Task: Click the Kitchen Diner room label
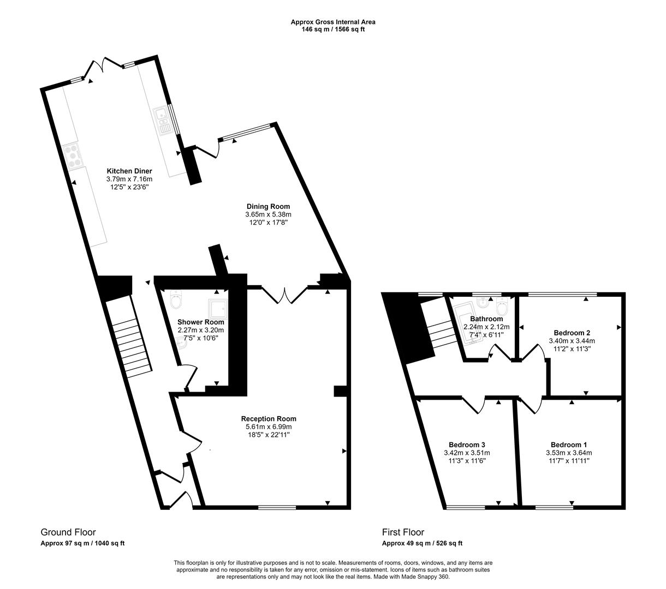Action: pyautogui.click(x=129, y=171)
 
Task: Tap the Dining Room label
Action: pyautogui.click(x=268, y=206)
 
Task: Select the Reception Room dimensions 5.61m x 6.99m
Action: pyautogui.click(x=268, y=426)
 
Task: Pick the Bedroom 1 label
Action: pyautogui.click(x=569, y=444)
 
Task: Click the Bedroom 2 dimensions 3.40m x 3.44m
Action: pyautogui.click(x=572, y=341)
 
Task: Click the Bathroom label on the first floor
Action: pyautogui.click(x=486, y=319)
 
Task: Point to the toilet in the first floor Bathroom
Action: pyautogui.click(x=503, y=309)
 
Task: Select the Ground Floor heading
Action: pyautogui.click(x=68, y=532)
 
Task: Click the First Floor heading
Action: pyautogui.click(x=403, y=532)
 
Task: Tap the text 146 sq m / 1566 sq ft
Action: pyautogui.click(x=333, y=29)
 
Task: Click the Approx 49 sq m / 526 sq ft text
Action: pyautogui.click(x=422, y=543)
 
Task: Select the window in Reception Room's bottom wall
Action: pyautogui.click(x=277, y=507)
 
